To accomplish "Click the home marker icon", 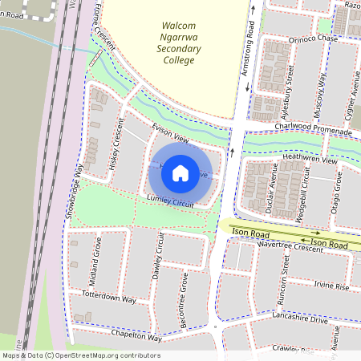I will [180, 172].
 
